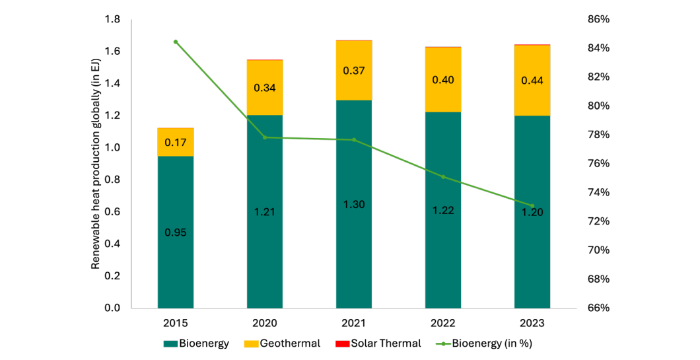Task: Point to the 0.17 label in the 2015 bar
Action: (x=176, y=142)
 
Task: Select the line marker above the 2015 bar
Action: (x=176, y=42)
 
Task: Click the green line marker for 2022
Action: (x=443, y=177)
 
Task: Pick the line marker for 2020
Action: (x=265, y=137)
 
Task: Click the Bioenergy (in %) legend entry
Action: (x=485, y=343)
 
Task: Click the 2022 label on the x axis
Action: (x=443, y=323)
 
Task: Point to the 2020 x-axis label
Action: (x=265, y=323)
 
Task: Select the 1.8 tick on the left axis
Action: (x=112, y=20)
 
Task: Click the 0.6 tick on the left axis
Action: (x=112, y=212)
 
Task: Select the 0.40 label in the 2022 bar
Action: (x=443, y=80)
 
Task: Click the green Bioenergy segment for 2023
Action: (x=532, y=251)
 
